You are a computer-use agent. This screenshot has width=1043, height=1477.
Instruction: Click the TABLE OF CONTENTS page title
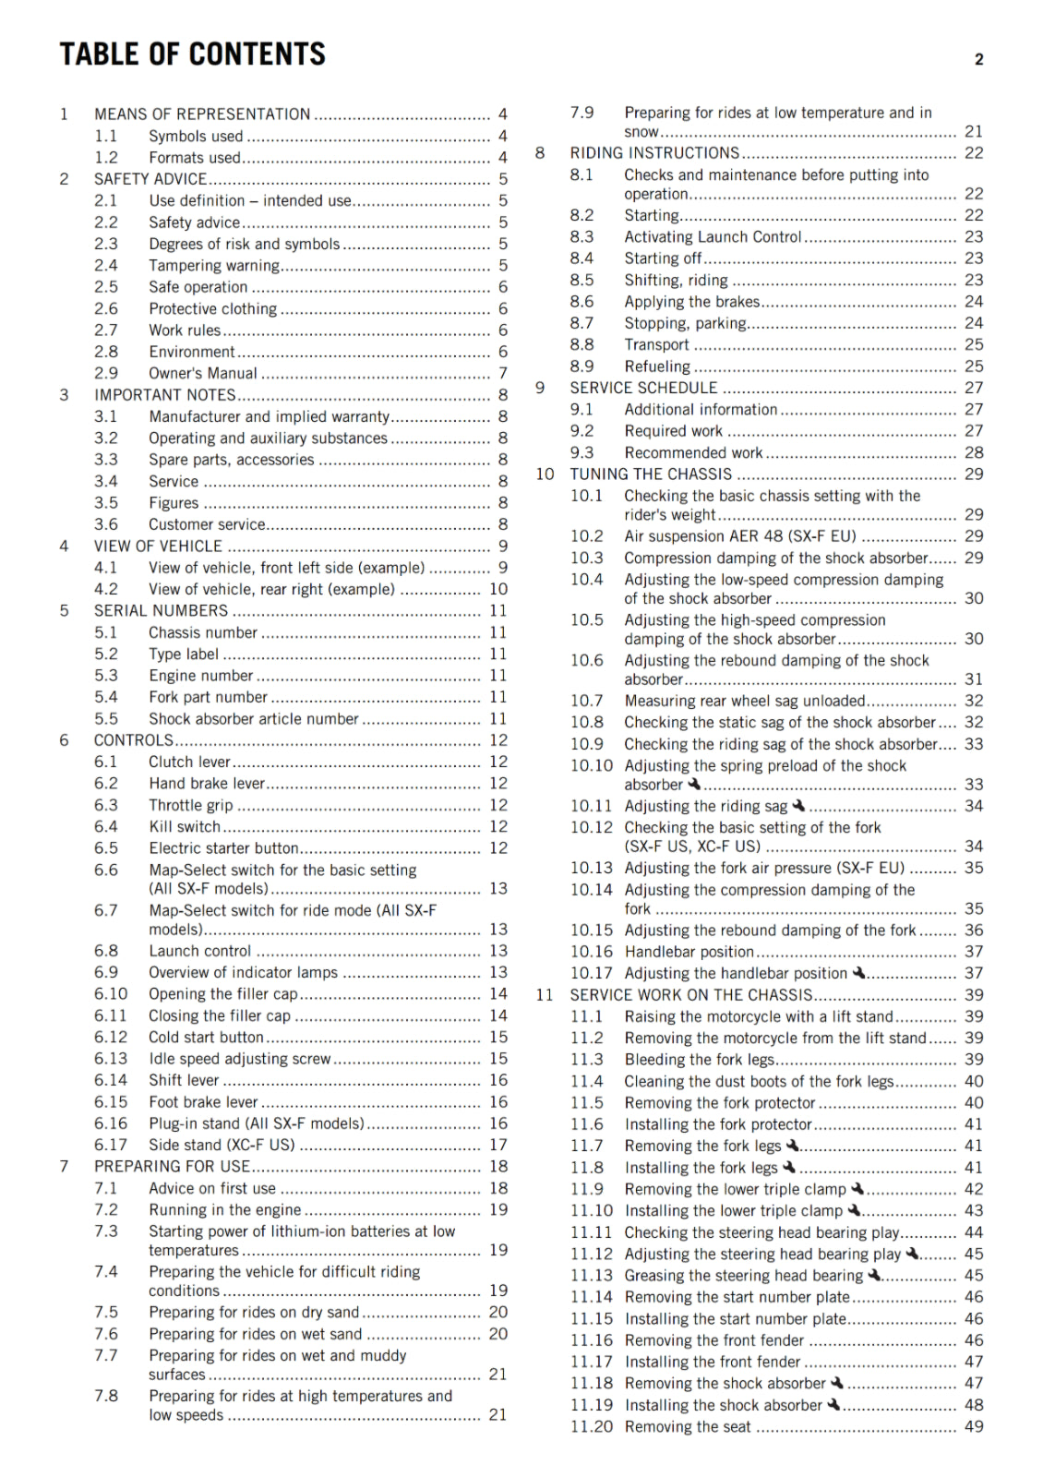(193, 54)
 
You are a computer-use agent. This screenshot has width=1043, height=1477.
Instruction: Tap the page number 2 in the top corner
(978, 60)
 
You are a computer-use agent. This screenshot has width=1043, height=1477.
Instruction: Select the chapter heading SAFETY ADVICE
(150, 179)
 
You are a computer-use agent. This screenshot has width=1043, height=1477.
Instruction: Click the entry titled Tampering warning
(214, 266)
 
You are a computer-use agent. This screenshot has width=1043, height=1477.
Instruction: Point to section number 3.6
(106, 524)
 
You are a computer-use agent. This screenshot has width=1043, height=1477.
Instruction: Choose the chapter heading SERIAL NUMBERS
(161, 611)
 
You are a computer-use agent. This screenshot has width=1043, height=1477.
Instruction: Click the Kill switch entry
(185, 827)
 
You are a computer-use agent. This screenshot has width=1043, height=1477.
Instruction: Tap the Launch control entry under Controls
(199, 951)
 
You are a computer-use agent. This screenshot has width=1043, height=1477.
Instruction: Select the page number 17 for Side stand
(498, 1145)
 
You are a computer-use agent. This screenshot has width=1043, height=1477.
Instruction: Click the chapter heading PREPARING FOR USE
(172, 1167)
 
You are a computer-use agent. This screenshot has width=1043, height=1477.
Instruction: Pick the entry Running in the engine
(225, 1210)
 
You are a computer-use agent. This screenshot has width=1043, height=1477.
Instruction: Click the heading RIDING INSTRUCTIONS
(654, 153)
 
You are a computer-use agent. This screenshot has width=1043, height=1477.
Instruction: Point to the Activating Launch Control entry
(713, 237)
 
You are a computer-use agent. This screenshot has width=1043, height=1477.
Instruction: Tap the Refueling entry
(657, 366)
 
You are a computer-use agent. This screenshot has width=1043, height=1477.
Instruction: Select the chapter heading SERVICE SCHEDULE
(643, 388)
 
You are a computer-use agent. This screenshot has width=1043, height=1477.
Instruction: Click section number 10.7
(586, 701)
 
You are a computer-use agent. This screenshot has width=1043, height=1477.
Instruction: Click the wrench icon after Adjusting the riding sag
(798, 806)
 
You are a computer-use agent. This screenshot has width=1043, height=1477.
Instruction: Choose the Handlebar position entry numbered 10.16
(689, 952)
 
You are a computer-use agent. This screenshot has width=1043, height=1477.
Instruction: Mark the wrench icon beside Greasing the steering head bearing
(875, 1275)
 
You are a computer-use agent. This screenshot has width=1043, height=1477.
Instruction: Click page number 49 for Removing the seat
(974, 1427)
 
